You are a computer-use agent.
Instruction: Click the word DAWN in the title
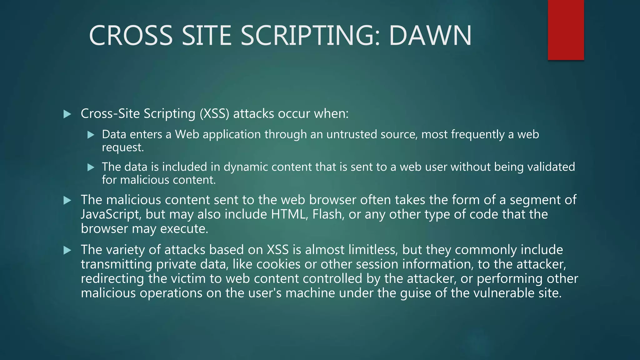(430, 36)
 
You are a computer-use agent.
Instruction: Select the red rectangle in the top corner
(566, 30)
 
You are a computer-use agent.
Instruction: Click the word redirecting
(112, 279)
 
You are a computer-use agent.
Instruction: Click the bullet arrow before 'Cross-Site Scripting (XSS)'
(67, 114)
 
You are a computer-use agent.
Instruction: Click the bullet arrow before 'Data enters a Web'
(91, 135)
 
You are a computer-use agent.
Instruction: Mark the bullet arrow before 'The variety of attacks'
(67, 250)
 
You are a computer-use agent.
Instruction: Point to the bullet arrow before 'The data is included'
(91, 167)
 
